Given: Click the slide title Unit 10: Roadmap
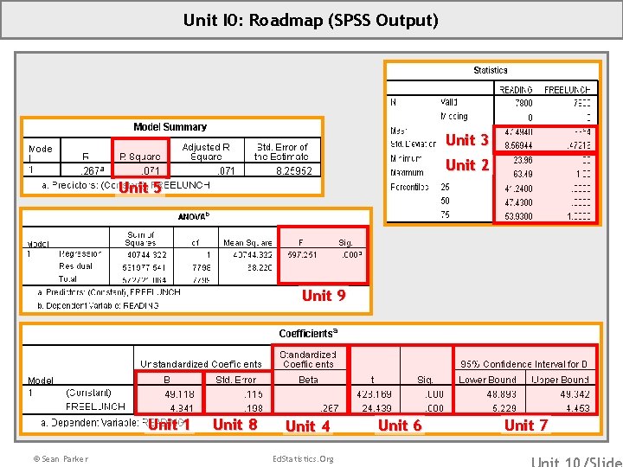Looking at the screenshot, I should coord(311,20).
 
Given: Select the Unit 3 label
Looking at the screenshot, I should coord(467,139).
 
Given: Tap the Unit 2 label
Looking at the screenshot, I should coord(467,164).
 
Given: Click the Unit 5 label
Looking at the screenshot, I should coord(139,187).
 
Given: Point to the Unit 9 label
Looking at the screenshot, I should coord(324,296).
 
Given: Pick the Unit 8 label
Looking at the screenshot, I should coord(234,424).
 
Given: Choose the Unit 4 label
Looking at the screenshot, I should coord(307,425).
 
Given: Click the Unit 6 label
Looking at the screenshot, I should coord(400,425).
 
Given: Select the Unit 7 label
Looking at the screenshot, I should coord(525,425).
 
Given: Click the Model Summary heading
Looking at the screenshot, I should coord(170,127).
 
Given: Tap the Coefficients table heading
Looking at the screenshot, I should coord(308,333).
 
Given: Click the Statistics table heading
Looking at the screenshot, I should coord(491,70).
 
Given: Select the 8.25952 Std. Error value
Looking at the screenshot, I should coord(294,171).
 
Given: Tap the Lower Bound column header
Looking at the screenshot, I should coord(487,379).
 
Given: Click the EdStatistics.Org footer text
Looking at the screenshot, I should coord(302,458).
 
